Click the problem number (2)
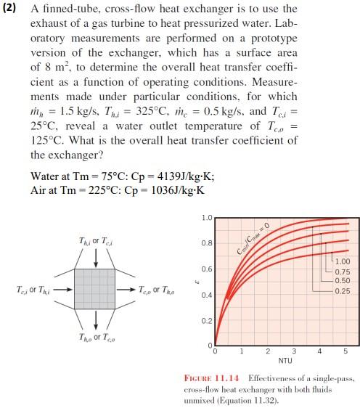click(13, 9)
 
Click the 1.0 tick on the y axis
click(208, 218)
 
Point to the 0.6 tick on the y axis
click(208, 269)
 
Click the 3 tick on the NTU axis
click(293, 351)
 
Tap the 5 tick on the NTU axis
click(345, 351)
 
